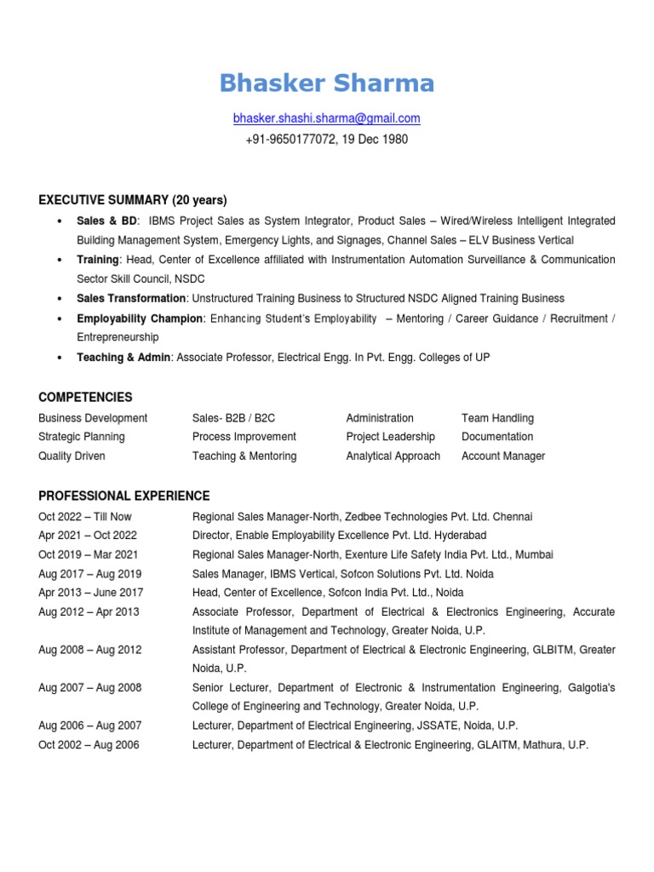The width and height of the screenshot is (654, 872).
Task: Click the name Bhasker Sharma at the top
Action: pos(326,83)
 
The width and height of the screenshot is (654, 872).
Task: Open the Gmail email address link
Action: pos(326,118)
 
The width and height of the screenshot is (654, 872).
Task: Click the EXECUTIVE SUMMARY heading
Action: pos(132,200)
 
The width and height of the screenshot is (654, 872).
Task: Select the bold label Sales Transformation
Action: pos(131,298)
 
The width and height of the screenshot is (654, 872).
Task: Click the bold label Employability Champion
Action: pos(140,318)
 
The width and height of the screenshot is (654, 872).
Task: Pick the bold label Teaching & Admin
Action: pos(123,358)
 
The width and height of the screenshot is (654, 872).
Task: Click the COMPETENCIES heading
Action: pos(85,398)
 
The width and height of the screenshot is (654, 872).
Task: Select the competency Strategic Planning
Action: pos(82,437)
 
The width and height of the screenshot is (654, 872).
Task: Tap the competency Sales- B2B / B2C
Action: pos(233,418)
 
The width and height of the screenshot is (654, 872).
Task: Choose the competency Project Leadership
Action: pos(390,437)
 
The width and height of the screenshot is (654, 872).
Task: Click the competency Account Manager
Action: pos(503,456)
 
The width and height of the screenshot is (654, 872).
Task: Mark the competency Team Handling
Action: pos(497,418)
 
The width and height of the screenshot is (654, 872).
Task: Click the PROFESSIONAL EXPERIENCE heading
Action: pos(123,496)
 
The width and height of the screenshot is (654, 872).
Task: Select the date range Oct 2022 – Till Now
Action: pos(85,517)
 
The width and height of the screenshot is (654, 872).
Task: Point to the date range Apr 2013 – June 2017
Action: pos(91,593)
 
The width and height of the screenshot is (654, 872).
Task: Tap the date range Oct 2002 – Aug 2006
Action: pos(89,745)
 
